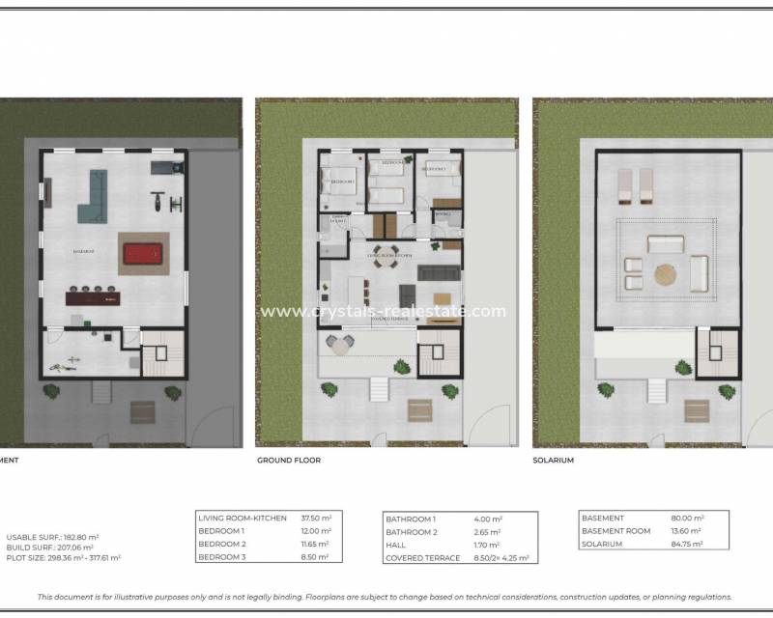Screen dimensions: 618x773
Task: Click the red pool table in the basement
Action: pos(143,255)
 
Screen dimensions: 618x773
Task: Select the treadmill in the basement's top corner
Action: pos(165,167)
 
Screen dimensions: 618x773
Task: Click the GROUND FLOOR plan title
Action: pos(289,461)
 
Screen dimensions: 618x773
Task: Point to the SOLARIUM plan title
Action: pos(553,461)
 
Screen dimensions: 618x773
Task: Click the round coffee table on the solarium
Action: pos(666,275)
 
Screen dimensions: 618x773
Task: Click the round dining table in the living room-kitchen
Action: pos(386,258)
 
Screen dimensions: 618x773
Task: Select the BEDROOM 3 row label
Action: pos(221,557)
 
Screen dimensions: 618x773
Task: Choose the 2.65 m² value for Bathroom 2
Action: pos(486,532)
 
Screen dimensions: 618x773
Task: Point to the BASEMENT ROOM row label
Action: pos(616,532)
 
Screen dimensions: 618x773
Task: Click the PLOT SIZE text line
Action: pos(64,557)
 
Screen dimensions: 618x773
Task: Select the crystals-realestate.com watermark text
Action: pos(383,311)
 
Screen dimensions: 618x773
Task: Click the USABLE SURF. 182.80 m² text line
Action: pos(53,537)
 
